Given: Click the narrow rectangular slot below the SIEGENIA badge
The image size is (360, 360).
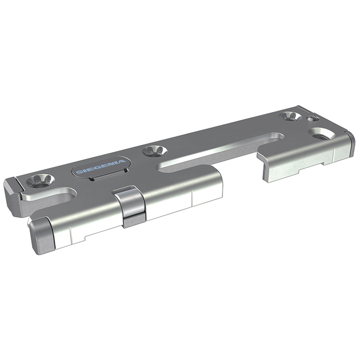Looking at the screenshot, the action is tap(108, 175).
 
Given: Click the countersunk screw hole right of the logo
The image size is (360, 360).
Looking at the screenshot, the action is tap(154, 151).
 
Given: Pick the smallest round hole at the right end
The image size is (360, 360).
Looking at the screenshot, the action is tap(313, 119).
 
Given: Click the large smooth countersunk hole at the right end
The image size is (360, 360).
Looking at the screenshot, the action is tap(321, 134).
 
